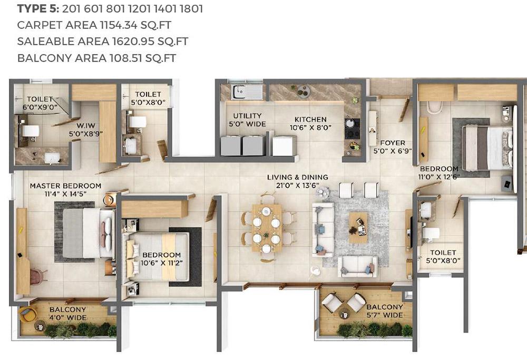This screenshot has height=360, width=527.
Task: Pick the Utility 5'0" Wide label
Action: (246, 120)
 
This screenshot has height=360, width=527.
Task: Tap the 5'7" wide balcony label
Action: (384, 311)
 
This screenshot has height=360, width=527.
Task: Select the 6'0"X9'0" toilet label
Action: (40, 102)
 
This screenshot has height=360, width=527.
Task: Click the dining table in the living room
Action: (266, 230)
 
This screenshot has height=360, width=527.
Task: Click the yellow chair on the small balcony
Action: (28, 315)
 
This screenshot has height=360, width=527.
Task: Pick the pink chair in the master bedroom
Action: (37, 276)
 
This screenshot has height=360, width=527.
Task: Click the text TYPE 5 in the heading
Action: (37, 9)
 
